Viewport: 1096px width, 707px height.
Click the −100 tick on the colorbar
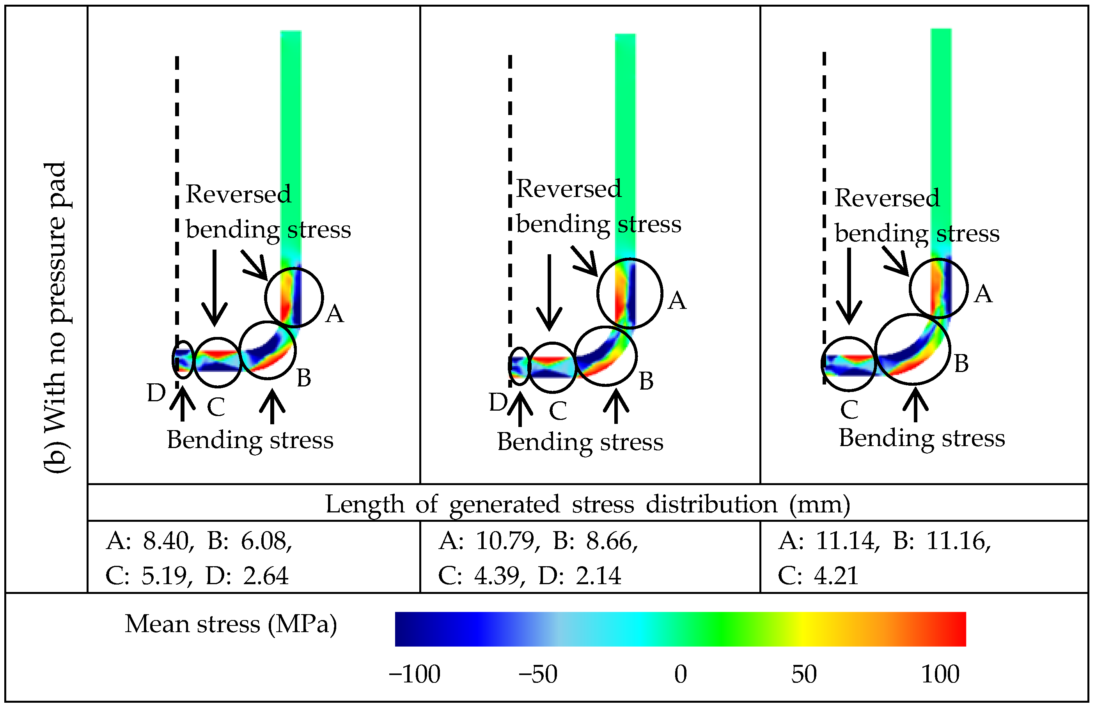pyautogui.click(x=415, y=674)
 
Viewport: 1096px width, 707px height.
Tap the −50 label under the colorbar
pyautogui.click(x=538, y=674)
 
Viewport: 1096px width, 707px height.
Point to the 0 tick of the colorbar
pyautogui.click(x=681, y=674)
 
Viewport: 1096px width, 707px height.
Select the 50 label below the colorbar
pyautogui.click(x=804, y=674)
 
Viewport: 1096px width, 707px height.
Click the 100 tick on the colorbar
pyautogui.click(x=940, y=674)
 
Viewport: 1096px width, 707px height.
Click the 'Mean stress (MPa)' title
pyautogui.click(x=231, y=624)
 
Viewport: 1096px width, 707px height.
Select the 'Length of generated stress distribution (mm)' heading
pyautogui.click(x=588, y=504)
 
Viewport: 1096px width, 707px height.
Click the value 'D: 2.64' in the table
pyautogui.click(x=247, y=576)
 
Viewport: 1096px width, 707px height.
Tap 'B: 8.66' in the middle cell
pyautogui.click(x=595, y=541)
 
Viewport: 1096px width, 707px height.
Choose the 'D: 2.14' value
pyautogui.click(x=580, y=576)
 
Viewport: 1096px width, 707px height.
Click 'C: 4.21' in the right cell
pyautogui.click(x=818, y=576)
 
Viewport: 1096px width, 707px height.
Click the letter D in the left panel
pyautogui.click(x=156, y=393)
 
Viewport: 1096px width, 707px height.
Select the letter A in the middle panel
pyautogui.click(x=677, y=301)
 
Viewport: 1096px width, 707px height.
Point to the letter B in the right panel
pyautogui.click(x=961, y=363)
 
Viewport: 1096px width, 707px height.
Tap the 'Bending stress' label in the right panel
pyautogui.click(x=922, y=438)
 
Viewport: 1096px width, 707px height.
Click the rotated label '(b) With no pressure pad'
pyautogui.click(x=57, y=317)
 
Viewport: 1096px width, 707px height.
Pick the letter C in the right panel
pyautogui.click(x=849, y=409)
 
